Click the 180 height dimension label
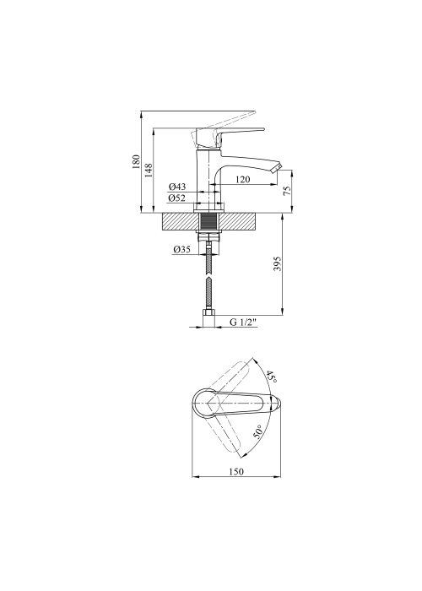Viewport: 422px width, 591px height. point(136,162)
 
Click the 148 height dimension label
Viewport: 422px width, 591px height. point(149,171)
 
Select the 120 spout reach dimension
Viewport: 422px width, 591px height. point(242,179)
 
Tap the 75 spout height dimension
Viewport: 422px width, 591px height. point(288,190)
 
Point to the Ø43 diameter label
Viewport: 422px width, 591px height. point(177,187)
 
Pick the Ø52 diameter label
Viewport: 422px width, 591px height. point(177,198)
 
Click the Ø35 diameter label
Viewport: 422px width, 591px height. point(182,249)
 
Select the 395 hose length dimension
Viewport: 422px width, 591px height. point(277,263)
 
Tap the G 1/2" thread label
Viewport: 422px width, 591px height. point(243,322)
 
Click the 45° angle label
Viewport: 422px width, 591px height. point(272,377)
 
